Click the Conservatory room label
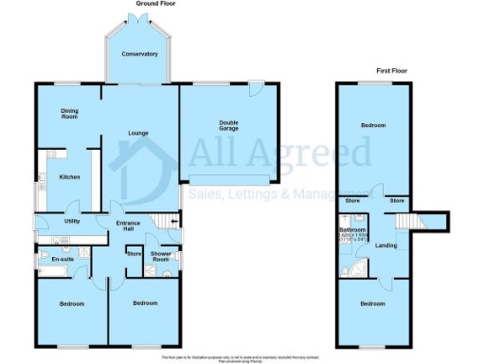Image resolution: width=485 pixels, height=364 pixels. [139, 54]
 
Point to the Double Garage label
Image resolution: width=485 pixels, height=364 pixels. [229, 125]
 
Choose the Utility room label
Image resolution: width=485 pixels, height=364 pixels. [71, 221]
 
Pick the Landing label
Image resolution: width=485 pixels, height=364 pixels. [386, 246]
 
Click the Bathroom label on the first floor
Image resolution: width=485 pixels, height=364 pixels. [353, 230]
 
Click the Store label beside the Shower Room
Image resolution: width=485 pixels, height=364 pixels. [134, 254]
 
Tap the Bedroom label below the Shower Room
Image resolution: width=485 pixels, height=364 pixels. [144, 304]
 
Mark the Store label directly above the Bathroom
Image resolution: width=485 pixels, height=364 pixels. [353, 201]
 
